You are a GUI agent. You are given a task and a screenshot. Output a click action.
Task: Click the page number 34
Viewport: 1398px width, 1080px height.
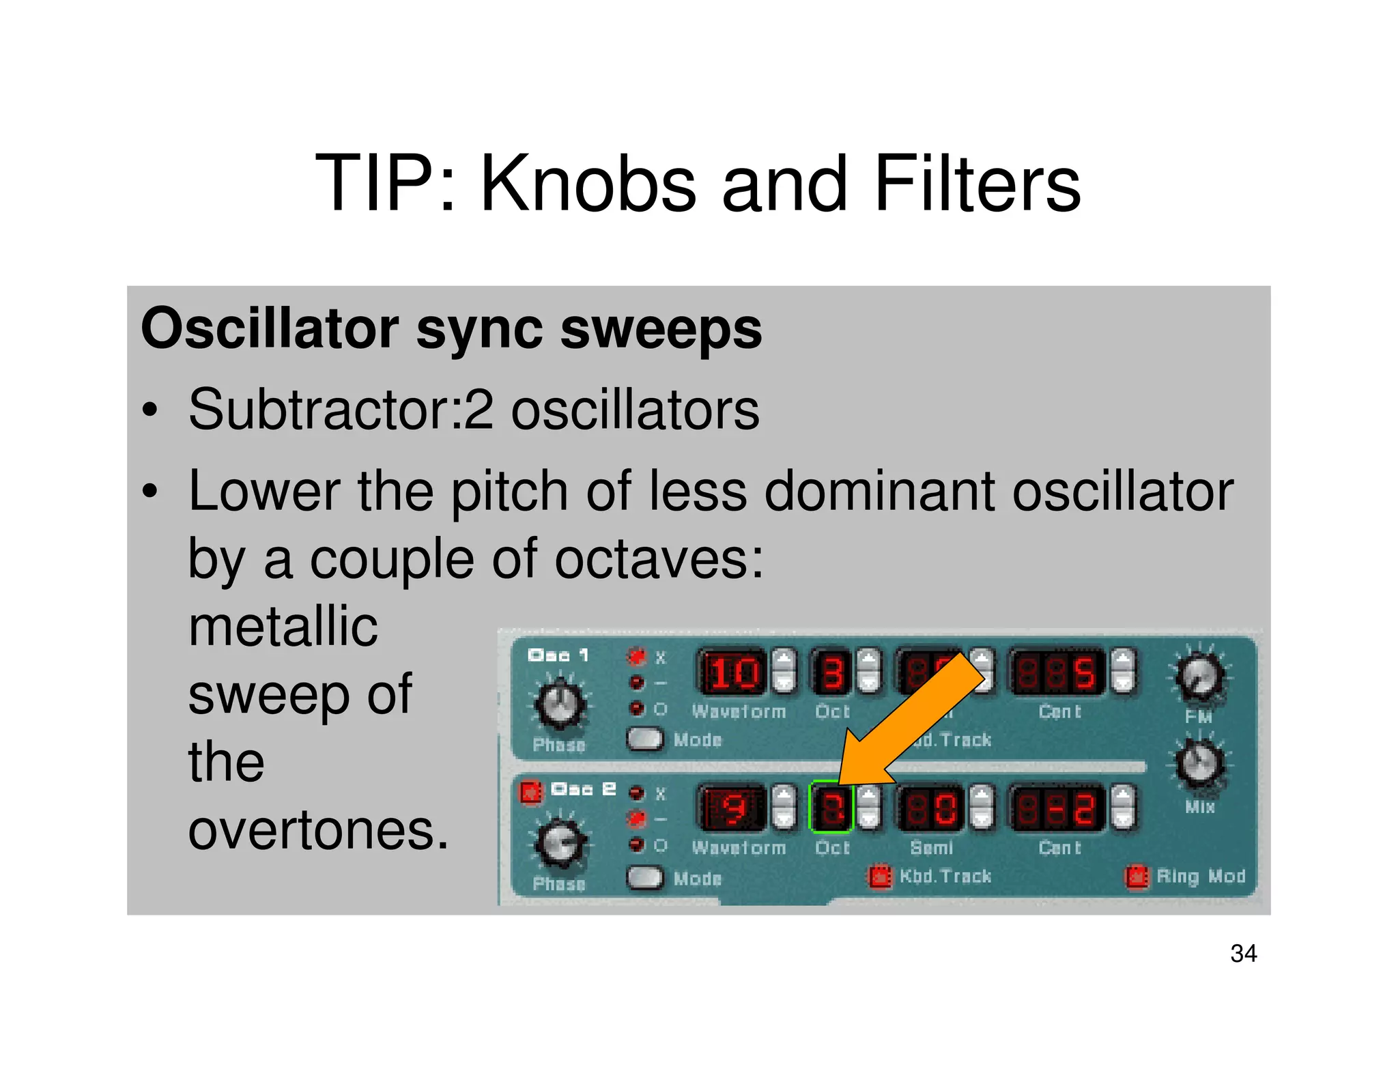(1242, 953)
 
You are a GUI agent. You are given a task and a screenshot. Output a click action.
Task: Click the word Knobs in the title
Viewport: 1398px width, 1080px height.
(588, 184)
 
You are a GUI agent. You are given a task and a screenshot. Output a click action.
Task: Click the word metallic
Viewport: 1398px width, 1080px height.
(283, 627)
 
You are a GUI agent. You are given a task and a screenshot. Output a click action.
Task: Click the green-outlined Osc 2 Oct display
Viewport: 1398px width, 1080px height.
(831, 808)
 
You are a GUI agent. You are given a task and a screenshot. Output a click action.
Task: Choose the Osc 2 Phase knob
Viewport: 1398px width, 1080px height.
(560, 843)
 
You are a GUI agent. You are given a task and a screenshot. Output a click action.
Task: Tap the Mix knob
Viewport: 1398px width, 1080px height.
(1199, 763)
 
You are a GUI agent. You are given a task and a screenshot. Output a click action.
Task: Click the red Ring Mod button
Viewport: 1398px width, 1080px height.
(1137, 877)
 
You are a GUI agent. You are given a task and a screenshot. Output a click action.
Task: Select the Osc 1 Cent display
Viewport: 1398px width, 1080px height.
(1057, 672)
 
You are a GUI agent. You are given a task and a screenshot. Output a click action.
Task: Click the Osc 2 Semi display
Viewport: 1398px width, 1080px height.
(930, 809)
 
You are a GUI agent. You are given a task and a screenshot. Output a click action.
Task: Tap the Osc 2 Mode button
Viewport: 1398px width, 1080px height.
(644, 877)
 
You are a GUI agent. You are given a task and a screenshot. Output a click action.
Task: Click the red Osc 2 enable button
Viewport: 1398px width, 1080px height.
(530, 792)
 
